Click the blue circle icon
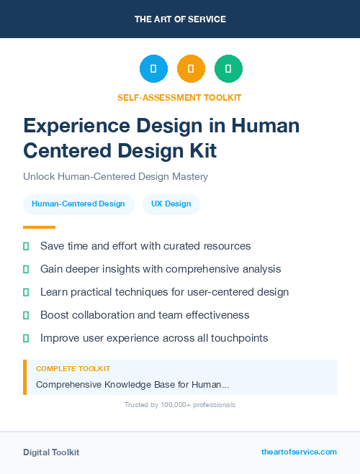coord(153,68)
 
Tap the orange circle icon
coord(191,68)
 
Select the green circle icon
coord(228,68)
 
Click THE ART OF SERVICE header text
coord(180,19)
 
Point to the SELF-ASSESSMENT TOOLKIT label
coord(179,97)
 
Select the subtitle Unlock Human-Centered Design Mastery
coord(115,176)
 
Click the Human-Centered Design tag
coord(78,204)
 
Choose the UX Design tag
coord(171,204)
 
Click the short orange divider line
coord(39,227)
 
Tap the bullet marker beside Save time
coord(26,246)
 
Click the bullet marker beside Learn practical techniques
coord(26,292)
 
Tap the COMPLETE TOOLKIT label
coord(73,368)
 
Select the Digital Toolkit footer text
coord(51,452)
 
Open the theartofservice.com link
coord(299,452)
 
